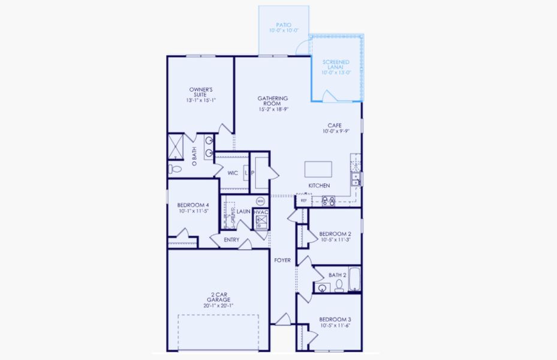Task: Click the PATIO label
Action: tap(284, 25)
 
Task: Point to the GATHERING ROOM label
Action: tap(273, 101)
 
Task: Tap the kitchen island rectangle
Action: tap(318, 169)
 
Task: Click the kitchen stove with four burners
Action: tap(328, 201)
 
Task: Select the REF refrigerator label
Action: tap(304, 201)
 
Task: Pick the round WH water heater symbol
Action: tap(260, 201)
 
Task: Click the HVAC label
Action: tap(260, 212)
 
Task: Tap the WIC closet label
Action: tap(233, 173)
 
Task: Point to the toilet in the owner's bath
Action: tap(171, 169)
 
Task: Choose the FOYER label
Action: tap(282, 260)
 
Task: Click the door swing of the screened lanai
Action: tap(329, 95)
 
